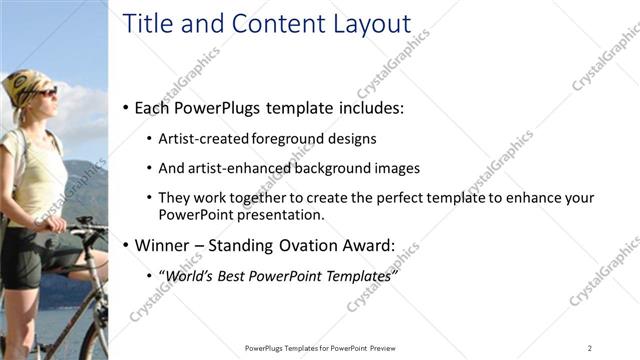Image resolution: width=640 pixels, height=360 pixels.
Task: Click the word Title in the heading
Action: [x=146, y=24]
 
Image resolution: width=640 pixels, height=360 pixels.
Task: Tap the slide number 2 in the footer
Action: [x=589, y=348]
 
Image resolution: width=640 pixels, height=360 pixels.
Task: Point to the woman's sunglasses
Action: [x=42, y=93]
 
